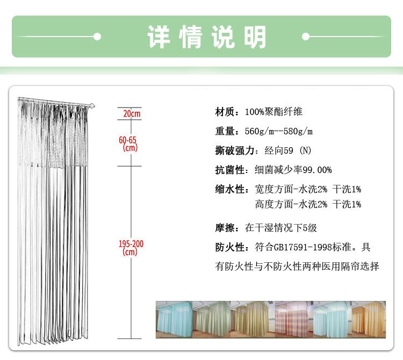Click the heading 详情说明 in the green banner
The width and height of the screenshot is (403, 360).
click(207, 37)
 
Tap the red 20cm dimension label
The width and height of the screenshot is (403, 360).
click(132, 114)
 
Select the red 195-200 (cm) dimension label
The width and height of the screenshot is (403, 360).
click(131, 248)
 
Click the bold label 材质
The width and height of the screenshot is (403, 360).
click(225, 112)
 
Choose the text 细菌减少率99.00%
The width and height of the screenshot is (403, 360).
click(293, 170)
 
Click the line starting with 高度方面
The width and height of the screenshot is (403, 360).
click(308, 204)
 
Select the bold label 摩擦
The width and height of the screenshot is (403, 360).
click(225, 228)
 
